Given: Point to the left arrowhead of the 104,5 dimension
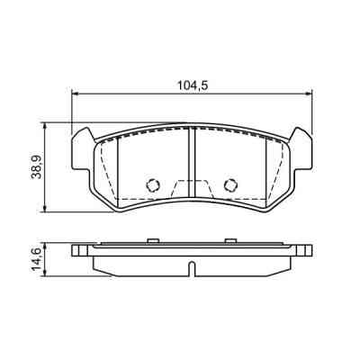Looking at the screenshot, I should (x=75, y=93).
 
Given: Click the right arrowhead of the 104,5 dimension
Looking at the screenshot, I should (x=309, y=93).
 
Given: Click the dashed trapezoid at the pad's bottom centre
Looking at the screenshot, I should (x=192, y=190).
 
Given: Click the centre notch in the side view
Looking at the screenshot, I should (x=192, y=267).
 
